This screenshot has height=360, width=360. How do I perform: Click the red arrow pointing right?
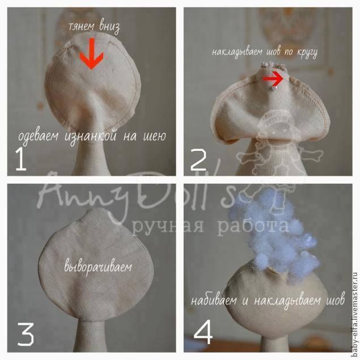click(x=273, y=79)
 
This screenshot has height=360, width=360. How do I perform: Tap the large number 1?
click(x=21, y=159)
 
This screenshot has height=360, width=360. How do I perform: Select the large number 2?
click(x=199, y=159)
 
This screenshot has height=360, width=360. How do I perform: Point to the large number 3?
click(x=26, y=334)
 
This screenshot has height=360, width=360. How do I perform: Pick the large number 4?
click(x=203, y=332)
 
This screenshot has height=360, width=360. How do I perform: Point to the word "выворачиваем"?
click(x=98, y=266)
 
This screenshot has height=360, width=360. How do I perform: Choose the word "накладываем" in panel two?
click(x=238, y=52)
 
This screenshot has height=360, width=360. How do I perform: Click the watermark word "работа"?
click(x=253, y=226)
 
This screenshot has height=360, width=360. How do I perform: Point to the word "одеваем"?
click(x=39, y=137)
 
